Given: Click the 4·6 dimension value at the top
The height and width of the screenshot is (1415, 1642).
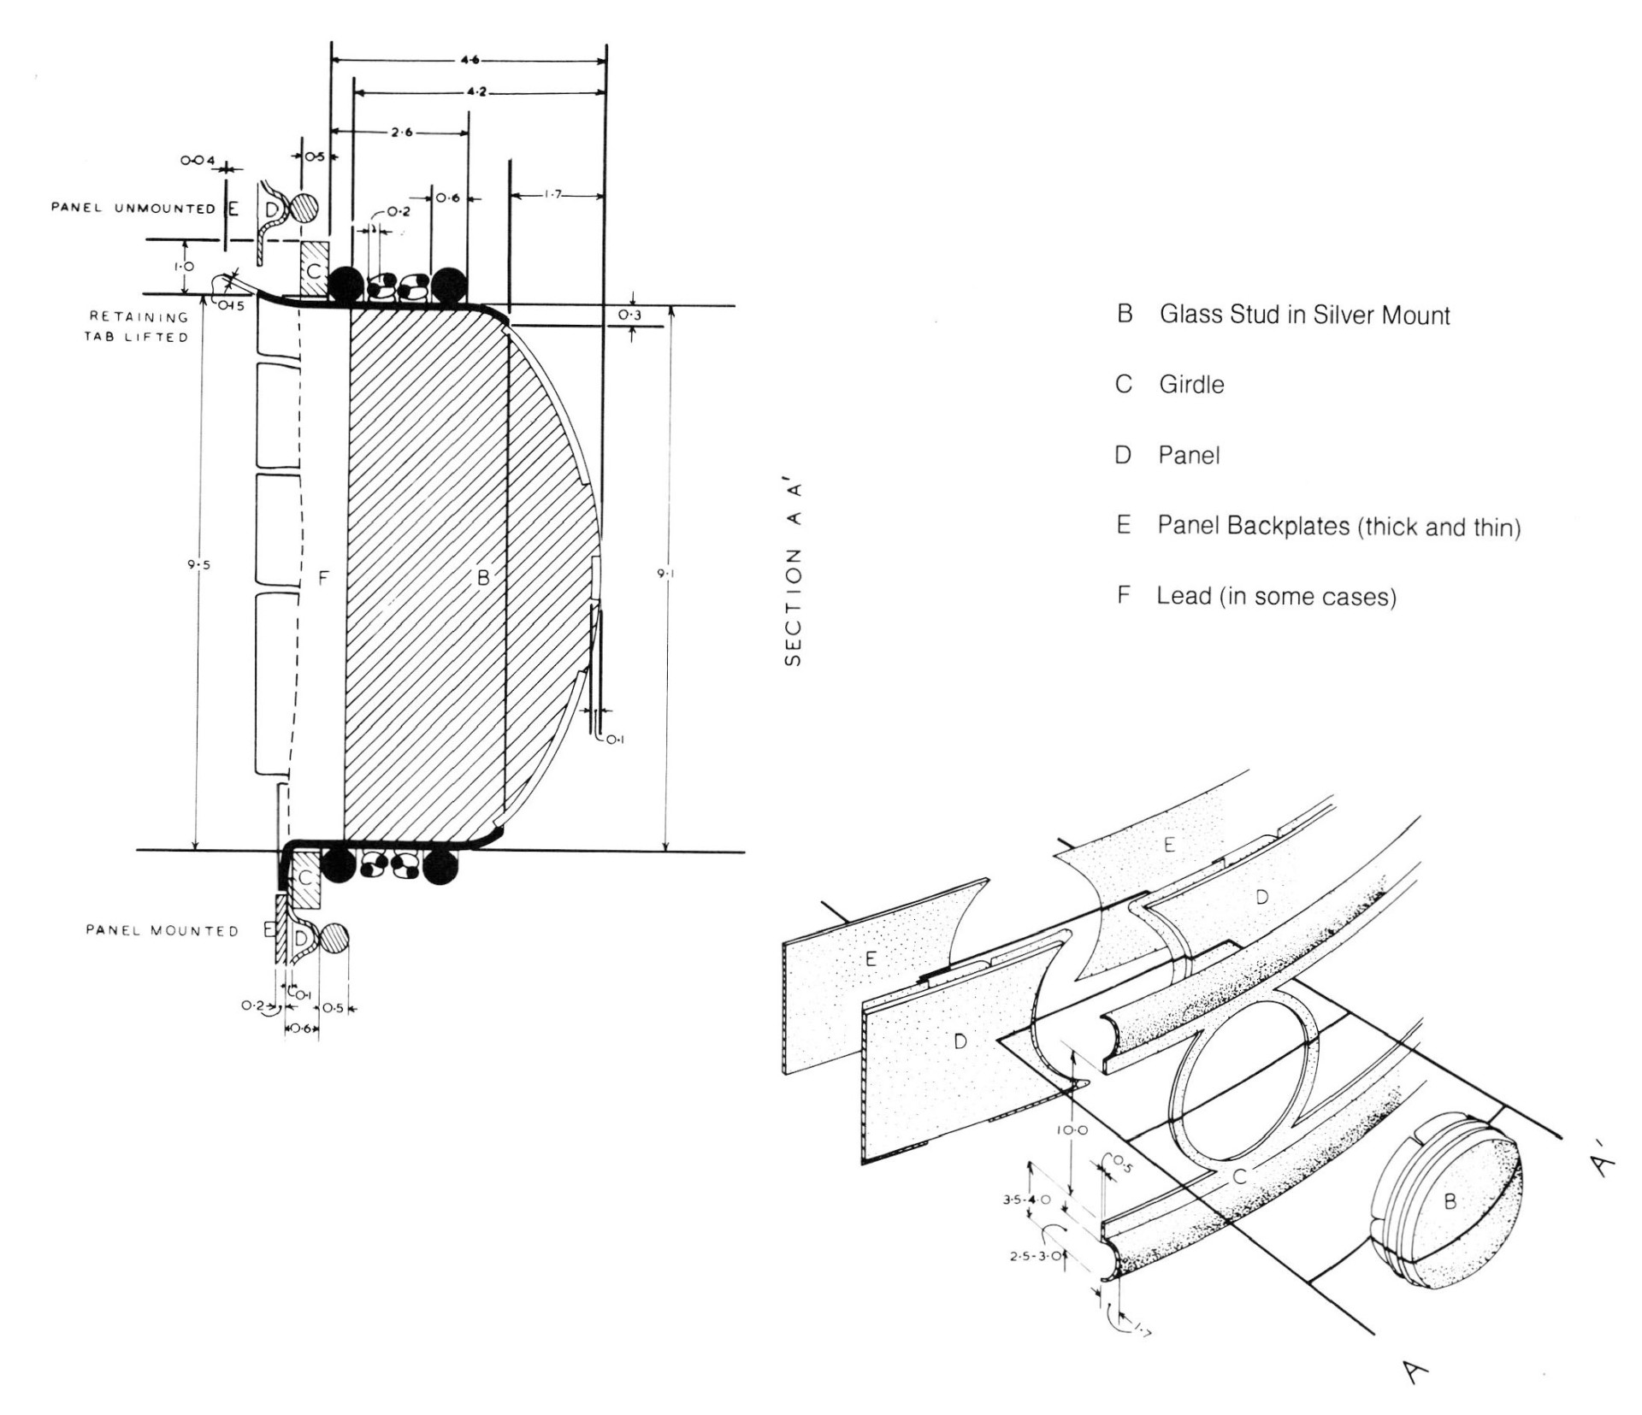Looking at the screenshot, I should tap(470, 60).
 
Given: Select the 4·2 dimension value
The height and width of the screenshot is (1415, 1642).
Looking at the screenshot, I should tap(476, 91).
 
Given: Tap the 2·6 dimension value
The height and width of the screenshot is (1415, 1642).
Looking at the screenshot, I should tap(402, 133).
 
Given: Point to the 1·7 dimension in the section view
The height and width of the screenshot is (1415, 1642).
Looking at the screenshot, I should tap(552, 195).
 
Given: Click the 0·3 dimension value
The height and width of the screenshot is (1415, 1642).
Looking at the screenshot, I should tap(629, 315).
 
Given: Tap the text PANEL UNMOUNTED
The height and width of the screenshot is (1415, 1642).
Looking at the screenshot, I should tap(133, 209).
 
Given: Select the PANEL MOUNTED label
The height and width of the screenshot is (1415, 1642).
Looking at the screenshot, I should tap(162, 930).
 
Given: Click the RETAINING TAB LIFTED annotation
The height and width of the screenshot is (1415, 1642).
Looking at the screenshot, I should tap(137, 327).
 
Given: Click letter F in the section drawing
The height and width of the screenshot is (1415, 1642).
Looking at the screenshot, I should tap(322, 579).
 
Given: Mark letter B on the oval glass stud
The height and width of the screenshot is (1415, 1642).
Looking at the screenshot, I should tap(1449, 1201).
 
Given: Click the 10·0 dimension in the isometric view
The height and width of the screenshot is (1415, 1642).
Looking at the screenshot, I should tap(1071, 1129).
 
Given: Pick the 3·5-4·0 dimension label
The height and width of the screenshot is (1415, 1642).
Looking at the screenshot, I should tap(1027, 1200).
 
